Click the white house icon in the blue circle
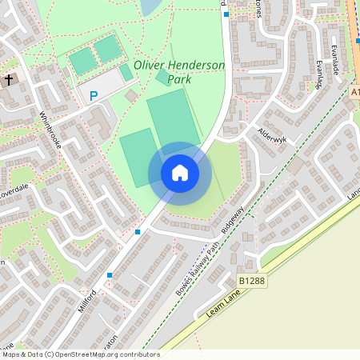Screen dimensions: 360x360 tap(179, 173)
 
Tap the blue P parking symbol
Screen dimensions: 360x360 tap(93, 96)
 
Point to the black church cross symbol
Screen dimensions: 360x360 tap(9, 80)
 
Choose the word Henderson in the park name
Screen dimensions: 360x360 tap(198, 65)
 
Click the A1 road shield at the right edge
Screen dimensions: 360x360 tap(354, 93)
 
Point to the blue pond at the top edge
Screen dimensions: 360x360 tap(150, 6)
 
